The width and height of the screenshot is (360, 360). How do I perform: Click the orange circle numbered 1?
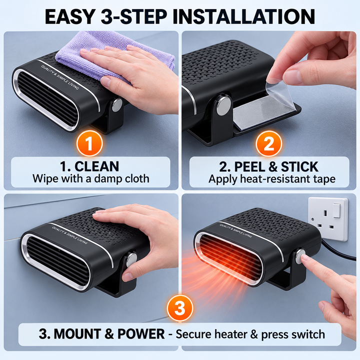89,143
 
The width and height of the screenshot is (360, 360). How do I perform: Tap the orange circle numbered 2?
268,144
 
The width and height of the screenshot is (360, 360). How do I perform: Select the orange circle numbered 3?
180,308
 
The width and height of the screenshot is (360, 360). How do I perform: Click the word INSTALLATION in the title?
243,16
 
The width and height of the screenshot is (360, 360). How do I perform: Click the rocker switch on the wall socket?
337,210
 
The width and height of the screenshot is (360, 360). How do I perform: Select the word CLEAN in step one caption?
96,166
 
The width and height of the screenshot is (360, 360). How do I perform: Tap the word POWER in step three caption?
141,333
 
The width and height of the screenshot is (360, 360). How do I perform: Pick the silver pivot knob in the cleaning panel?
117,104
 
